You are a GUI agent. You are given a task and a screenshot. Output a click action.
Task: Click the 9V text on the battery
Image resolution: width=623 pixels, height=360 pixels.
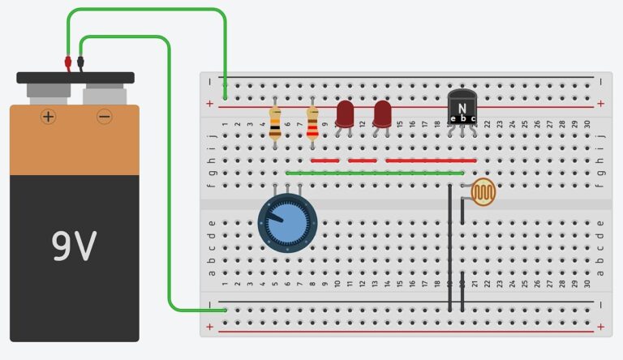click(74, 246)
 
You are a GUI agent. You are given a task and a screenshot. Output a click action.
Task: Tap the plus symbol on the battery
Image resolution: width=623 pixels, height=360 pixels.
click(49, 117)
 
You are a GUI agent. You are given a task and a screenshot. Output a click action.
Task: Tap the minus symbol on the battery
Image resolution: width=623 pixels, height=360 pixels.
click(105, 117)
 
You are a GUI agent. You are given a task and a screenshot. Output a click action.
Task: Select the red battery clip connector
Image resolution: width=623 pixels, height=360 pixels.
click(68, 62)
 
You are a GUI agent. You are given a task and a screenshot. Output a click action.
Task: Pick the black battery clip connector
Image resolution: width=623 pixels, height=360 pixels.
click(80, 62)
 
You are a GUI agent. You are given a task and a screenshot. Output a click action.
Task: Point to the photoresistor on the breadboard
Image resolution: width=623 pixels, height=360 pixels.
click(485, 192)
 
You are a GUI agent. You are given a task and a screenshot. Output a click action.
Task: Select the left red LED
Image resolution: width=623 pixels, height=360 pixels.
click(345, 114)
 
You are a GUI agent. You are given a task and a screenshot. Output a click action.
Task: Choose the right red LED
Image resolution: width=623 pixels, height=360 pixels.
click(382, 114)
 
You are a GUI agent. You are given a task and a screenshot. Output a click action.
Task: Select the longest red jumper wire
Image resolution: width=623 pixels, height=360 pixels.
click(431, 161)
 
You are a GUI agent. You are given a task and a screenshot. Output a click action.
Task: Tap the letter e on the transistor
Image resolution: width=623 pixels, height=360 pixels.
click(453, 119)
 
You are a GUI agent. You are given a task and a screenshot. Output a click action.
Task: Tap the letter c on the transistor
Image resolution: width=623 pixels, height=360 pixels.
click(473, 119)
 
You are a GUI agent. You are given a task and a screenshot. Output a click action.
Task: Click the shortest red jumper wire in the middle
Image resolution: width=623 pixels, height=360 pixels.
click(363, 161)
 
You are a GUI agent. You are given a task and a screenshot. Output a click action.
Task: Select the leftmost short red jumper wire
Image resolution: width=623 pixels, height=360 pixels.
click(324, 161)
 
